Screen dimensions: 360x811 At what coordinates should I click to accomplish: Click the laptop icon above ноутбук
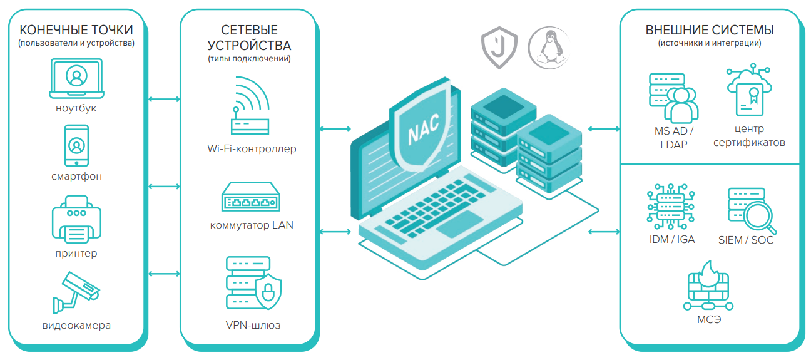point(76,78)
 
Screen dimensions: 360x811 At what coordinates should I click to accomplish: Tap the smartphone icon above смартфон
point(76,145)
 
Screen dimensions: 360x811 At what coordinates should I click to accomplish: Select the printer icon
point(76,219)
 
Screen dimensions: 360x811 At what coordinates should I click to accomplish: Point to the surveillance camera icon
point(76,292)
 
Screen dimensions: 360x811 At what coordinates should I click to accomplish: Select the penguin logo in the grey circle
point(545,48)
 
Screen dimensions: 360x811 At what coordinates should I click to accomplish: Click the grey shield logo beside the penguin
point(499,48)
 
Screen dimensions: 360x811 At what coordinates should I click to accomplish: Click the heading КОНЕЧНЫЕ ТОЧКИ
point(76,30)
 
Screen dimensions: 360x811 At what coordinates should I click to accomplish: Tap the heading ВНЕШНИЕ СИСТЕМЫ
point(710,30)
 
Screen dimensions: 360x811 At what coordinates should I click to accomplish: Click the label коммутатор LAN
point(251,225)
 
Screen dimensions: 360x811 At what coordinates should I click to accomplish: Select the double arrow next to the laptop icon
point(164,99)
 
